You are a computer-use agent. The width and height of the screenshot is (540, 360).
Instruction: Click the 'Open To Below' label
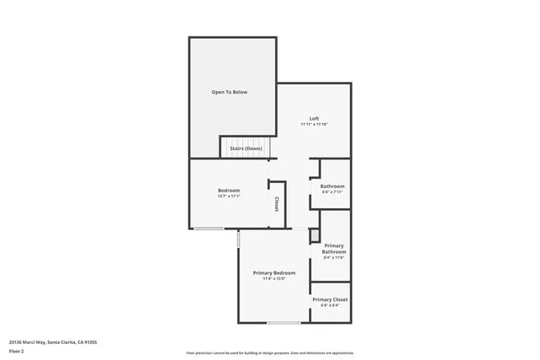coord(229,92)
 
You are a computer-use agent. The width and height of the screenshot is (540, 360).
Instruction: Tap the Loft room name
coord(314,118)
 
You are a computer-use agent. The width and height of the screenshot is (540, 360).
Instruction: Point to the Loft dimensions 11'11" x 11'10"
coord(314,125)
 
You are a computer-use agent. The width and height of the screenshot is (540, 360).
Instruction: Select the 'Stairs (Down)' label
coord(246,148)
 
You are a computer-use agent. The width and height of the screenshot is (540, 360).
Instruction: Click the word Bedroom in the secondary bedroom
coord(229,190)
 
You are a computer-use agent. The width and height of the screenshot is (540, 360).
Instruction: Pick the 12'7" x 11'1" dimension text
coord(229,196)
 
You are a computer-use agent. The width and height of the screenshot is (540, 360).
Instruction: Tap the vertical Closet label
coord(277,204)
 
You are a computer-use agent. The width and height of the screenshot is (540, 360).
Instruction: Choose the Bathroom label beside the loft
coord(332,186)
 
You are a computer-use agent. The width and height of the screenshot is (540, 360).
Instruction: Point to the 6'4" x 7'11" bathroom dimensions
coord(332,193)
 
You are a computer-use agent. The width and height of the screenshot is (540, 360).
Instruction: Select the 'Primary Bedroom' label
coord(274,272)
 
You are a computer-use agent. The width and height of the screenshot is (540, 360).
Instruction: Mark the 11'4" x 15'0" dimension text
coord(274,279)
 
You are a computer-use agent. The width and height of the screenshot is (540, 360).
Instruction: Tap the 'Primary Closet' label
coord(330,299)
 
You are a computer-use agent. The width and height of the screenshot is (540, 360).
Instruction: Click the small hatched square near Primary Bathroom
coord(315,235)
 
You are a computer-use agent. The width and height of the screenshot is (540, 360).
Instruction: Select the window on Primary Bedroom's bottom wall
coord(283,323)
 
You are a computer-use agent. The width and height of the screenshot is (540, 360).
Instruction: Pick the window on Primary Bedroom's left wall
coord(238,240)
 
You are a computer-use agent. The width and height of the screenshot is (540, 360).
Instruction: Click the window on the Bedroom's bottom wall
coord(208,228)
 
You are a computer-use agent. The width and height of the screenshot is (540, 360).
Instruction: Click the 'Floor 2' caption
coord(17,351)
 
